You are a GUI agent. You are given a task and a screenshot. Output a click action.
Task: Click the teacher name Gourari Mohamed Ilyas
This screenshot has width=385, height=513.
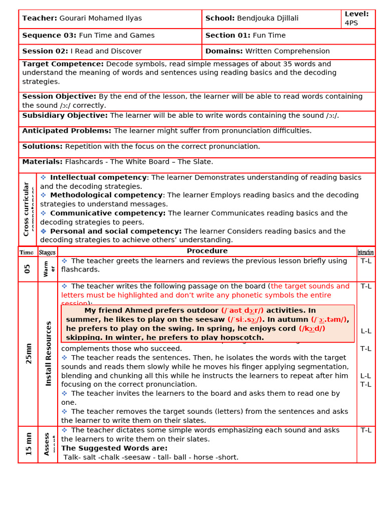100,19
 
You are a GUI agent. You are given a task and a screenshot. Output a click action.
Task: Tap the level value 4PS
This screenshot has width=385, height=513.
351,23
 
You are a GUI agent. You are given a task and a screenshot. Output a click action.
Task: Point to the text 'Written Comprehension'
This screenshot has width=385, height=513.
287,51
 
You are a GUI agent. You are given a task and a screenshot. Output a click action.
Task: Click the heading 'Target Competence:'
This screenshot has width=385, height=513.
63,64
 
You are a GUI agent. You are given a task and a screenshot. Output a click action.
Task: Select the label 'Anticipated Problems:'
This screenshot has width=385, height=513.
67,131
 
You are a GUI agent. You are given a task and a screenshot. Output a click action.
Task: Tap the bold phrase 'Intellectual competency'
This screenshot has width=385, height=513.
98,177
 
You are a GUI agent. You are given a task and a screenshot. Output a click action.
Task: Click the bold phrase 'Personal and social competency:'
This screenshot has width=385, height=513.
116,231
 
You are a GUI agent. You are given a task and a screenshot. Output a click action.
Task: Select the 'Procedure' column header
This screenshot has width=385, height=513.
207,251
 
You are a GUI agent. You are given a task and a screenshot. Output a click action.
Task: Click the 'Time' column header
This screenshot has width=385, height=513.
27,252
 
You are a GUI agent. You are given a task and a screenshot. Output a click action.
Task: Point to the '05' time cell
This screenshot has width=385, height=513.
28,269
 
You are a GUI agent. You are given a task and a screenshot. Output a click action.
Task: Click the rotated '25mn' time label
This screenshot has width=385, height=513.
28,354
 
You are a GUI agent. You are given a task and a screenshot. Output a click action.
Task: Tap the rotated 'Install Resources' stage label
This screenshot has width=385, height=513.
49,354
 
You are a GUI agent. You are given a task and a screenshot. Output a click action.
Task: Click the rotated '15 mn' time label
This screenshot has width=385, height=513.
29,444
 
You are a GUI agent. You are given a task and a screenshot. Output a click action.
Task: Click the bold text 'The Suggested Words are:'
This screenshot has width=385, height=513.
114,448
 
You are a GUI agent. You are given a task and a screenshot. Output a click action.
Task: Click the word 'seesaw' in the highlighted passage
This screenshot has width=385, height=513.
211,320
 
